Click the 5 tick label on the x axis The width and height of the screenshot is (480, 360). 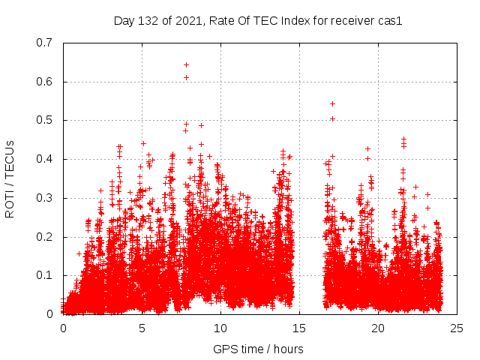coord(142,328)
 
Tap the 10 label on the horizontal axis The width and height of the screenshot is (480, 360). coord(220,328)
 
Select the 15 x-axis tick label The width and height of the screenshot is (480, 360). coord(299,328)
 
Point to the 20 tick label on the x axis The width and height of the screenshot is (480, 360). coord(378,328)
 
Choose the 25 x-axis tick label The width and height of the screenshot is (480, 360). coord(457,328)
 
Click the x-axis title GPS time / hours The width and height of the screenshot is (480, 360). coord(258,349)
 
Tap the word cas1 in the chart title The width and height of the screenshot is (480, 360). coord(391,21)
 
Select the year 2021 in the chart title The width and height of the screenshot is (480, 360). coord(186,21)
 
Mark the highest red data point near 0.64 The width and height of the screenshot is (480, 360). coord(186,64)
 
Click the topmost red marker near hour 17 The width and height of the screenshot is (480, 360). coord(332,103)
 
